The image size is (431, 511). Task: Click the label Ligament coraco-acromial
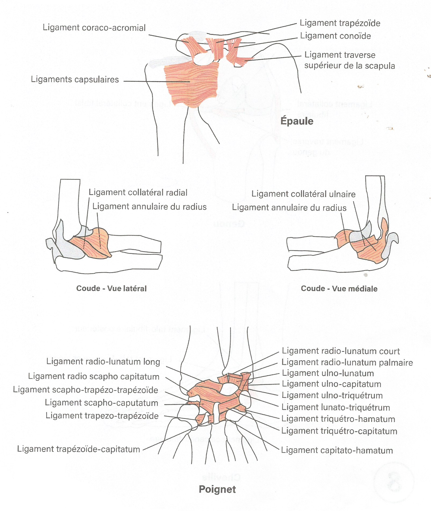[94, 28]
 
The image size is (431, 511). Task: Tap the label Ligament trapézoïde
[340, 23]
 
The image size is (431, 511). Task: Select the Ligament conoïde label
[335, 36]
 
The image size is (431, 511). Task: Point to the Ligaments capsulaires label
[75, 80]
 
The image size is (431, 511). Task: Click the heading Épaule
[297, 121]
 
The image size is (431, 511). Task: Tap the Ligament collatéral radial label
[138, 193]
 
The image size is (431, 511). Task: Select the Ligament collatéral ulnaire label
[303, 194]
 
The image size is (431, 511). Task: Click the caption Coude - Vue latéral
[111, 288]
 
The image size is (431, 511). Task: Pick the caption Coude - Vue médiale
[339, 289]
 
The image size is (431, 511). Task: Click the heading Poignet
[217, 489]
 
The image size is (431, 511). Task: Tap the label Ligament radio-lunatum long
[103, 362]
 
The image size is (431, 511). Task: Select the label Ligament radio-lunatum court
[341, 351]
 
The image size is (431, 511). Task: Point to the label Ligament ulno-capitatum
[332, 384]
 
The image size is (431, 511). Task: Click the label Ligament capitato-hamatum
[337, 450]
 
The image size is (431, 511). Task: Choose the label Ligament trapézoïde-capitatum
[79, 449]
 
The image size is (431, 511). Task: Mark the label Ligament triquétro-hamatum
[338, 419]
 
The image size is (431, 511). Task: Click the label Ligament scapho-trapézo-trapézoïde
[86, 390]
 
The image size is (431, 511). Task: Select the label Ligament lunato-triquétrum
[336, 408]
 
